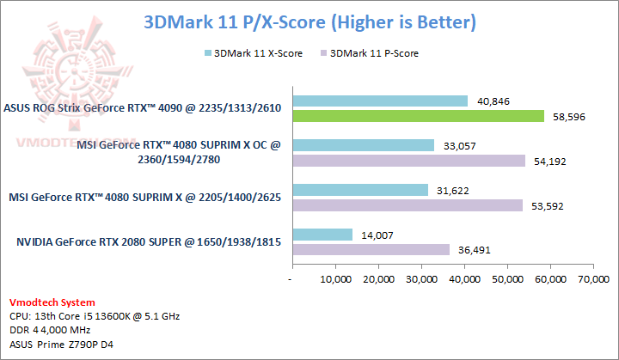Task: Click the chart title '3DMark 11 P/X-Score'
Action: (x=309, y=20)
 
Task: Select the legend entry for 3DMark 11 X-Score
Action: (x=247, y=53)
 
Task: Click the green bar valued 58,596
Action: (x=419, y=116)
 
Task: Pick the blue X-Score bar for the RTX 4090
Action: (x=380, y=101)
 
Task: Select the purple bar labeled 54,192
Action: (x=408, y=161)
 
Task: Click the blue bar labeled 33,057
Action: (x=364, y=145)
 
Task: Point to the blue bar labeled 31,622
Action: (x=360, y=190)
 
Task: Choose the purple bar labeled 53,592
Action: (x=408, y=205)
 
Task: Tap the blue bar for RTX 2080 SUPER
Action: (x=322, y=235)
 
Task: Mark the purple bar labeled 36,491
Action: (x=371, y=249)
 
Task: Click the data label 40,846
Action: (x=492, y=101)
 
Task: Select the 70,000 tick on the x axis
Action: (x=593, y=279)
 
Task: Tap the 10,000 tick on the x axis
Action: (x=335, y=279)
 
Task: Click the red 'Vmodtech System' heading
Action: (x=52, y=302)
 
